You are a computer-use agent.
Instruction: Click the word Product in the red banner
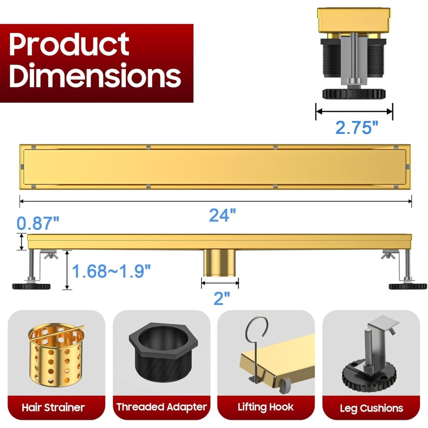click(69, 44)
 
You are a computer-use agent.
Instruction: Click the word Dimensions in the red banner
click(95, 74)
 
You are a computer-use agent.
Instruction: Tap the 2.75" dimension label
click(357, 127)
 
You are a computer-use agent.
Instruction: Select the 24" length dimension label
click(222, 215)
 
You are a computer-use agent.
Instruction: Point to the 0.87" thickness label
click(38, 223)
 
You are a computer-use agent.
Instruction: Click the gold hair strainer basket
click(56, 355)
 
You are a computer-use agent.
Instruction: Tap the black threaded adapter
click(163, 352)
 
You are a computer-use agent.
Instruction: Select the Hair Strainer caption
click(53, 407)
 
